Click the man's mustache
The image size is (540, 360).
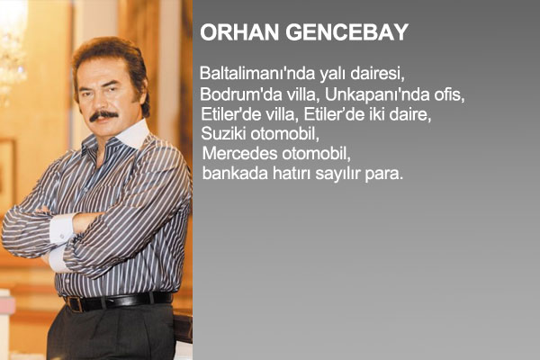pyautogui.click(x=103, y=116)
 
